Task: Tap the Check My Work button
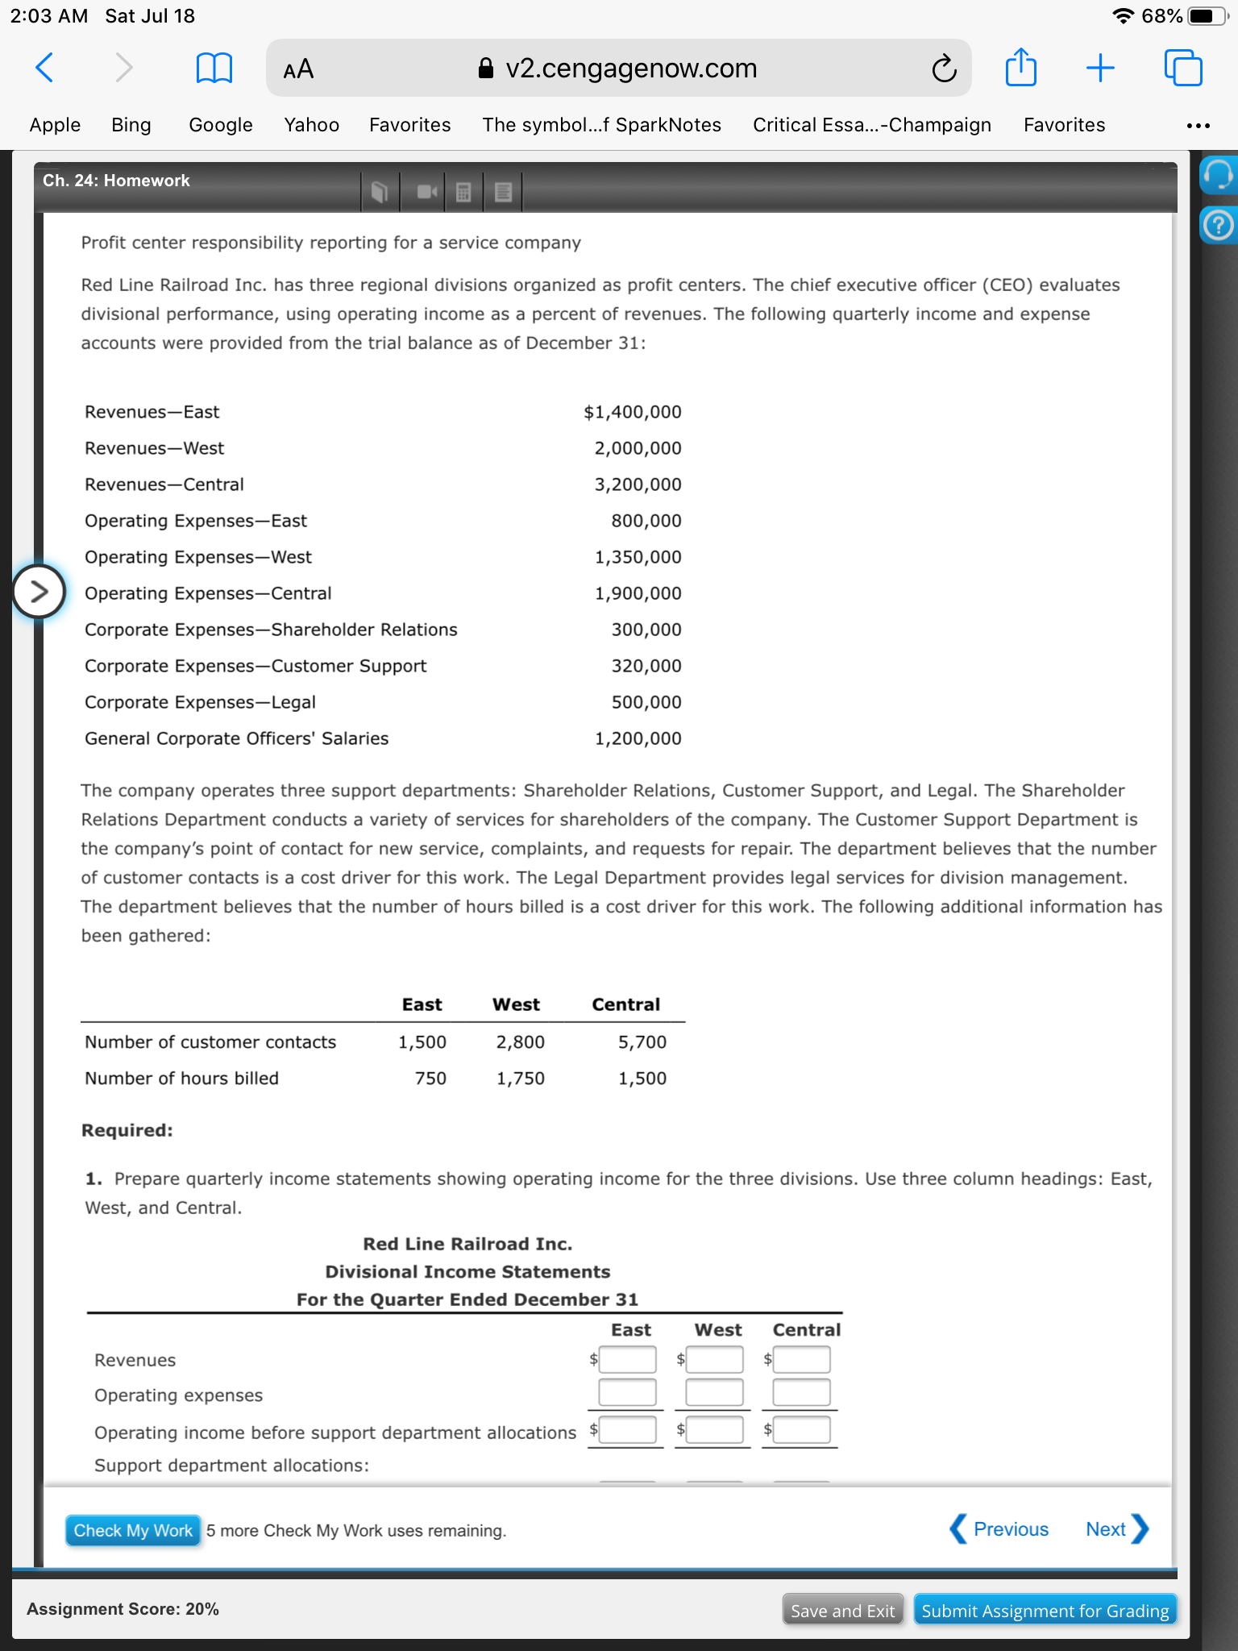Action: (x=133, y=1530)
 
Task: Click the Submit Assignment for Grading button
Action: (x=1045, y=1611)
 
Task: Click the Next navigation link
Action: (x=1115, y=1529)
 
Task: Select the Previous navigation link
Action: (x=999, y=1529)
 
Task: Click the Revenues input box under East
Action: (x=627, y=1360)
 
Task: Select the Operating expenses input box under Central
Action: (x=801, y=1392)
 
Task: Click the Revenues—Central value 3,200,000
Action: (x=638, y=484)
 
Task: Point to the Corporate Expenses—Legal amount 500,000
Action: (x=646, y=702)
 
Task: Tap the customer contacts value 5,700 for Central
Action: (x=642, y=1042)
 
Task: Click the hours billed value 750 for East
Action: (x=430, y=1079)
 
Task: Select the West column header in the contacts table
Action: (x=516, y=1004)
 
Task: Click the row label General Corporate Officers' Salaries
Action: (x=236, y=738)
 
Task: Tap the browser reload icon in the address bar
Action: (x=944, y=69)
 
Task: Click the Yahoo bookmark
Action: (x=311, y=125)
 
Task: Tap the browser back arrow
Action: (x=45, y=68)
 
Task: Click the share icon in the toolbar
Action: (x=1020, y=68)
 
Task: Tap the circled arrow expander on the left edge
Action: (x=38, y=592)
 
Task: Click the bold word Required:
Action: (x=127, y=1130)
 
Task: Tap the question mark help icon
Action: (x=1218, y=225)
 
